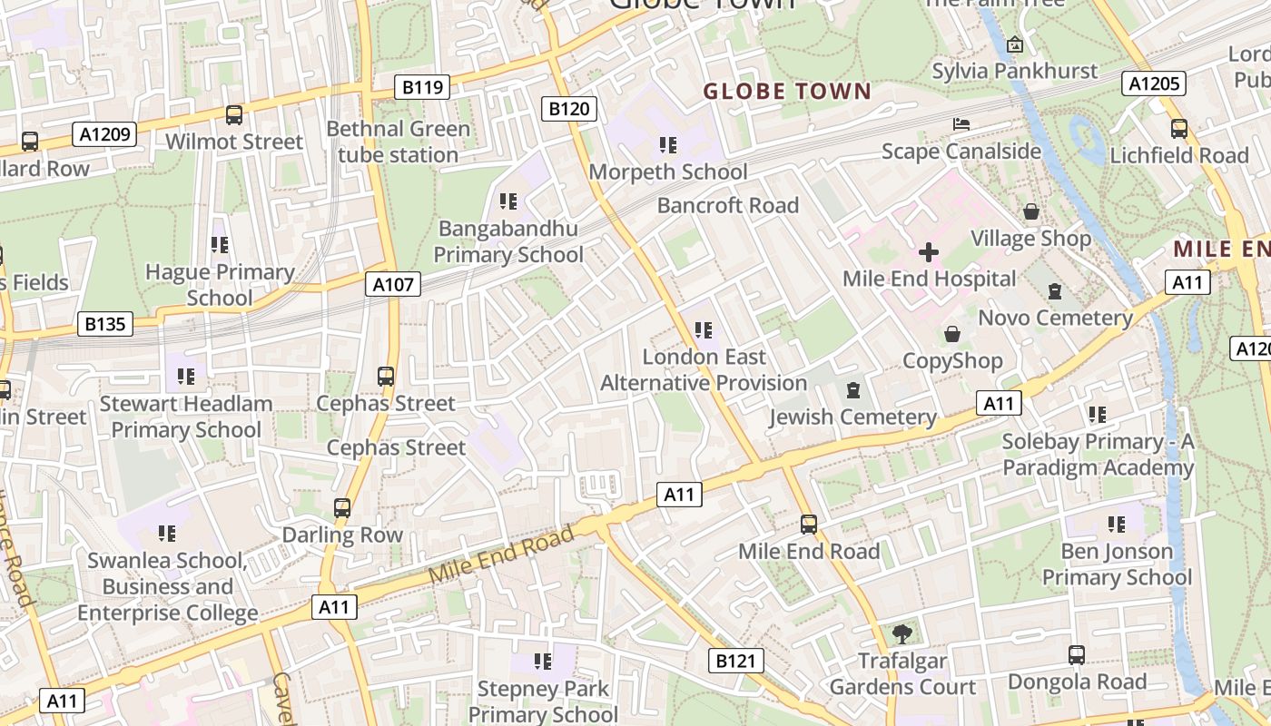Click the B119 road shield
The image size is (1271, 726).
point(423,87)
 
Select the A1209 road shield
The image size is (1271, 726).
point(104,135)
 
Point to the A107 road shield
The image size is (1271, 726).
point(394,284)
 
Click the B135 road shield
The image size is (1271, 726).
point(105,324)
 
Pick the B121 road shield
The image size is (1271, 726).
point(734,661)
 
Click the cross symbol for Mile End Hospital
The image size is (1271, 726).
point(928,251)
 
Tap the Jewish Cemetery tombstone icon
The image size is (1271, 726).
point(852,390)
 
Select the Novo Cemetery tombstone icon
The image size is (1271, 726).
point(1055,291)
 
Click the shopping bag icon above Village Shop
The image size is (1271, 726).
point(1031,211)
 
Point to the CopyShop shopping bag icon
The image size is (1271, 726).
point(952,334)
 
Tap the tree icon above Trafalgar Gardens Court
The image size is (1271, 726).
point(902,633)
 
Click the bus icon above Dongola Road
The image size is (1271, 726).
point(1076,654)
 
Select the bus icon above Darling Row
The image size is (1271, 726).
point(342,508)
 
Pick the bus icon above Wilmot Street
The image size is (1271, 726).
point(234,115)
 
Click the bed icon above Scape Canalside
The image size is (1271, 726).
point(961,123)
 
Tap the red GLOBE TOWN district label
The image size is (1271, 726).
point(787,92)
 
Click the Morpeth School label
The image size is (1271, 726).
point(668,172)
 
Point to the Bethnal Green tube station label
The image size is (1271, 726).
point(398,142)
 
